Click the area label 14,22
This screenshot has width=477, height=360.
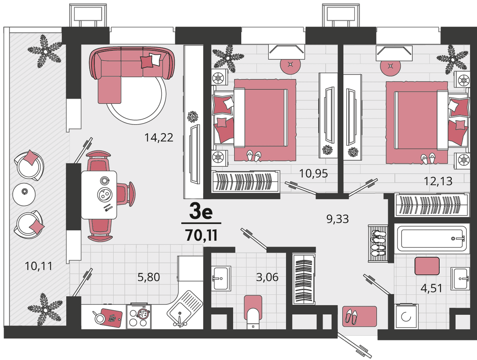point(159,138)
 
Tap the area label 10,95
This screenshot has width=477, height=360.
point(314,173)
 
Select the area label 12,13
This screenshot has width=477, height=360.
point(438,181)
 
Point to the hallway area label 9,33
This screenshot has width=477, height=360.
point(337,219)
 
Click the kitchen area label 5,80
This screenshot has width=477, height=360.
point(149,277)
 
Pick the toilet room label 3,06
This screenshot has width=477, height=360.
point(267,277)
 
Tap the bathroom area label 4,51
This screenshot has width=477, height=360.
point(431,288)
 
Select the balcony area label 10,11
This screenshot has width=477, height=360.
point(39,266)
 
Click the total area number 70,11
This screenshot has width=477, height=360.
point(202,235)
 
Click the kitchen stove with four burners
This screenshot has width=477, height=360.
point(139,317)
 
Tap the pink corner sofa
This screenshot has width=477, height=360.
point(132,70)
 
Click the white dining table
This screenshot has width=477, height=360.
point(99,195)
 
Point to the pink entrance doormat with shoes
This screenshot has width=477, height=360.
point(359,316)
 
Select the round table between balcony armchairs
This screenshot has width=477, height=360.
point(24,195)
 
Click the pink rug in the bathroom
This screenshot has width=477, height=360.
point(427,266)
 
